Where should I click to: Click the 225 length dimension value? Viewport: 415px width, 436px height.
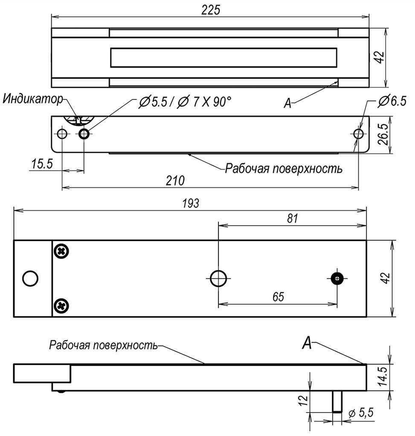(211, 10)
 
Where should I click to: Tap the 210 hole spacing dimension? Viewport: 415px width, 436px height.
(175, 181)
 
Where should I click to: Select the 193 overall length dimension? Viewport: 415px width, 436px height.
(191, 203)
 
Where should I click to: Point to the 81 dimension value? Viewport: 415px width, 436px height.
(293, 218)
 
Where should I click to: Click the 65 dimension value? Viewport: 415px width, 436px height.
(278, 296)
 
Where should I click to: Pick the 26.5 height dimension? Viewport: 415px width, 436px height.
(383, 134)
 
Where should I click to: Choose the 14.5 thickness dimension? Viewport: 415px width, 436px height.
(383, 376)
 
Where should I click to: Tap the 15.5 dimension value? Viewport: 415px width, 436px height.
(42, 163)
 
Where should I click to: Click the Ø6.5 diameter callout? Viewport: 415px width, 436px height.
(392, 101)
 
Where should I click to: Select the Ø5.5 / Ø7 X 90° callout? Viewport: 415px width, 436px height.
(185, 102)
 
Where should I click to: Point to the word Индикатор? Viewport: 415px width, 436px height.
(33, 99)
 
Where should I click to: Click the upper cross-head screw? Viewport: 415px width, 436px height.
(61, 251)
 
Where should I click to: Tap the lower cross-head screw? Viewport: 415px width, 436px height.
(61, 306)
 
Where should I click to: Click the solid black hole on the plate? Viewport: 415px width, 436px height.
(337, 278)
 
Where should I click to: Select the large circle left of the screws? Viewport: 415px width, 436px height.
(30, 278)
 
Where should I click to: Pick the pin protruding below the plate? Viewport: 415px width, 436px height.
(337, 401)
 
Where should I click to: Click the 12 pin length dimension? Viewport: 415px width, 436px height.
(304, 400)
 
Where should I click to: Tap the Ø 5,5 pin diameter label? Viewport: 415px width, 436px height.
(361, 413)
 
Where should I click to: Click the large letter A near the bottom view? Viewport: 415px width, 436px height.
(307, 343)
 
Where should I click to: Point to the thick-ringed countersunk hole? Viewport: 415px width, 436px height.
(84, 134)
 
